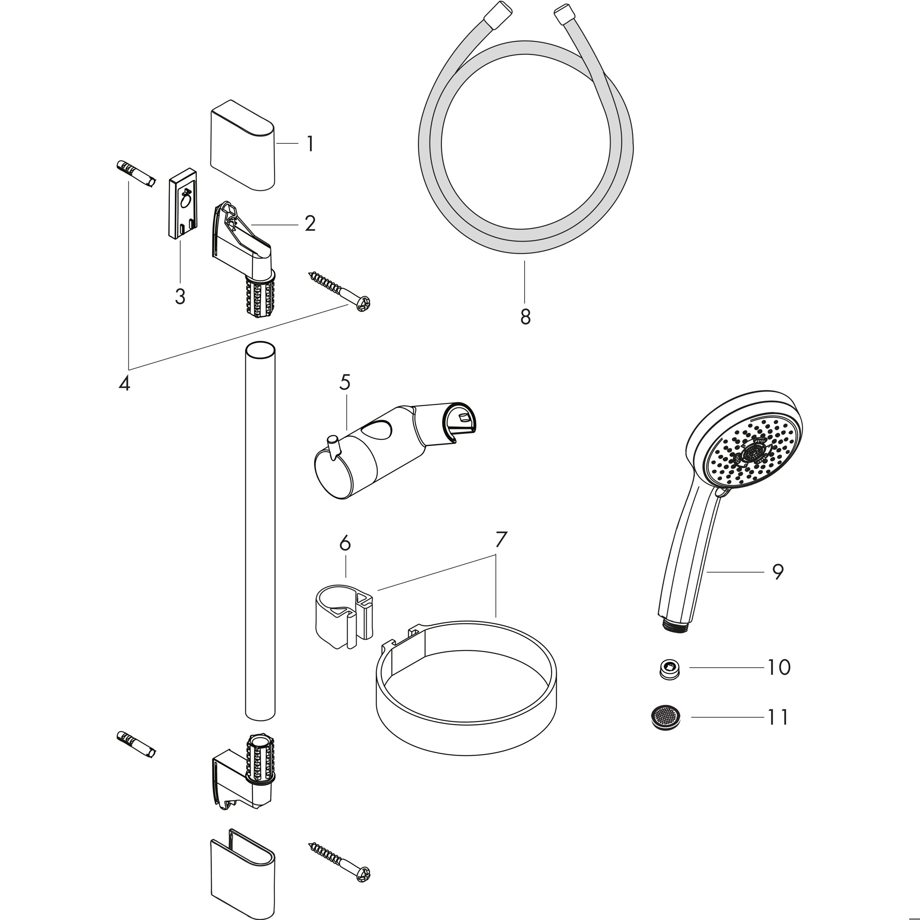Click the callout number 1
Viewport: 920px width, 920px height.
[310, 144]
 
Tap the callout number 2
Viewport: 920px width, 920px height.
[310, 223]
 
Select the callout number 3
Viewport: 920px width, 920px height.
[180, 296]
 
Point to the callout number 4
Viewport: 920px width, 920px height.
[124, 383]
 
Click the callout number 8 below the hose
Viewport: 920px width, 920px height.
[525, 317]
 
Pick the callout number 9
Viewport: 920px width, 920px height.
[778, 571]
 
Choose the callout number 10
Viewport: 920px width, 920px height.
[778, 667]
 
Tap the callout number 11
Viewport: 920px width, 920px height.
[778, 730]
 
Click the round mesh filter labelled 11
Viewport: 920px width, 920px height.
[665, 729]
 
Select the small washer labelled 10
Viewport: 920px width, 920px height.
[669, 668]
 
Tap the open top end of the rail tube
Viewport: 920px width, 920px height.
[260, 349]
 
